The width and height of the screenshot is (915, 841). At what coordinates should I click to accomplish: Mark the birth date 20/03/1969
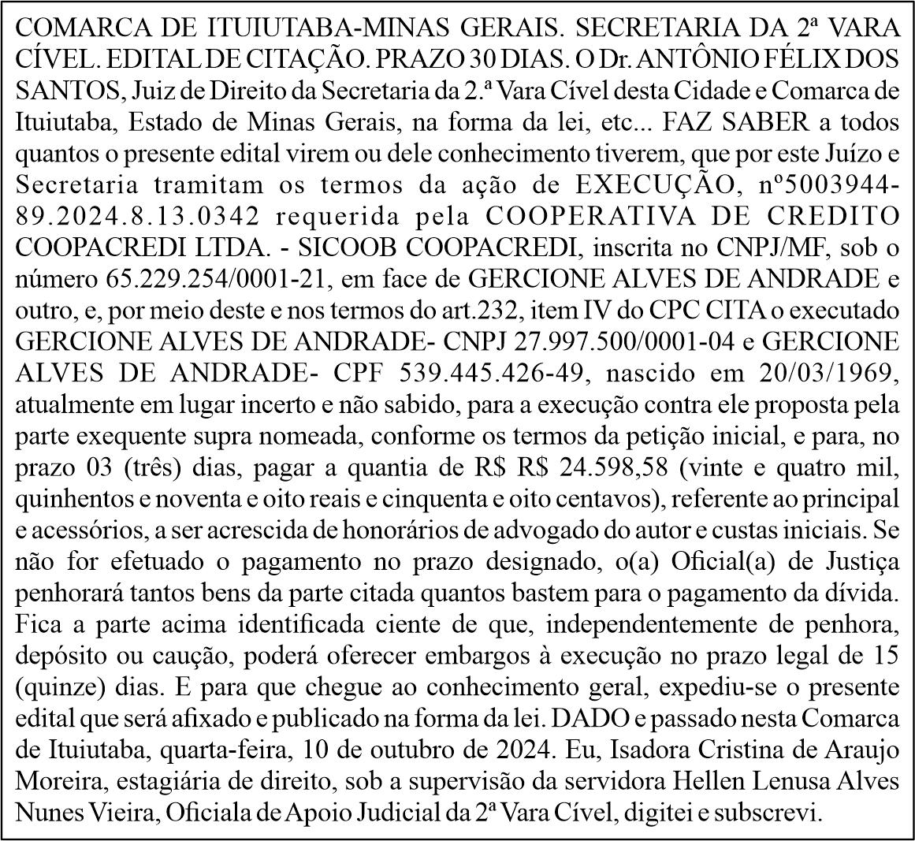833,372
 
